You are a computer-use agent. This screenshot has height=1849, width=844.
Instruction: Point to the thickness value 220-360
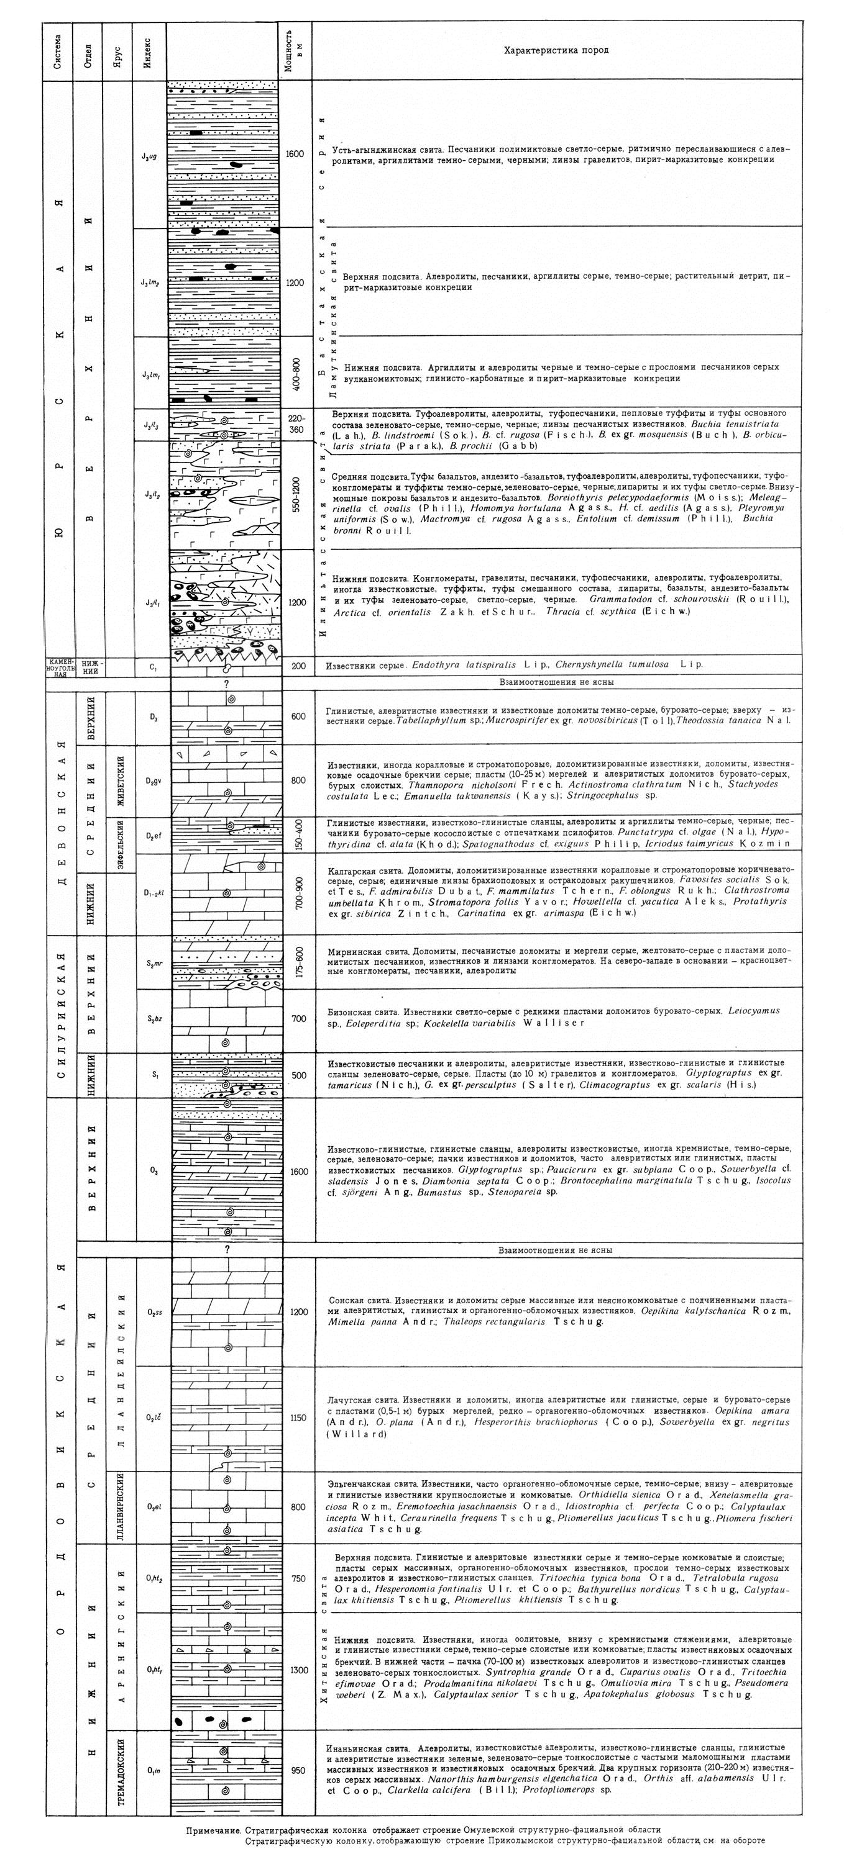296,424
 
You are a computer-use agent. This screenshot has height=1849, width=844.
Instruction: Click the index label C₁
152,666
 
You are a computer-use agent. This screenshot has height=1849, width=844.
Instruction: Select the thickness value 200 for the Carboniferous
297,666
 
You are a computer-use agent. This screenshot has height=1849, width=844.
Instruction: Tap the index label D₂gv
153,781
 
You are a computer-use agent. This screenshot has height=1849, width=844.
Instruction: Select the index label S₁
154,1075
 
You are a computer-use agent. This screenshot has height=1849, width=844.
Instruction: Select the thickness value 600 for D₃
297,717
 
